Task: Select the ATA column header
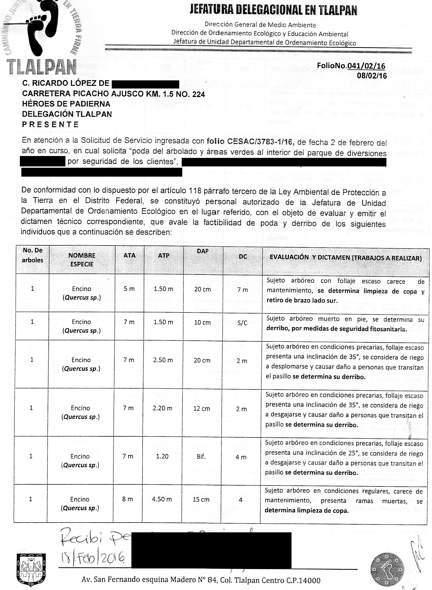pos(130,255)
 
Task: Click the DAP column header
pos(203,251)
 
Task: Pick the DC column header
pos(243,257)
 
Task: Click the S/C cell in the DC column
pos(242,323)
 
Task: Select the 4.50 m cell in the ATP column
pos(162,499)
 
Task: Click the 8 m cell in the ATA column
pos(128,499)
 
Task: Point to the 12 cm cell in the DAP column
pos(202,408)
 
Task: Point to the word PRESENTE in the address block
pos(50,124)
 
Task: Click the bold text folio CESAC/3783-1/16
pos(251,141)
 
